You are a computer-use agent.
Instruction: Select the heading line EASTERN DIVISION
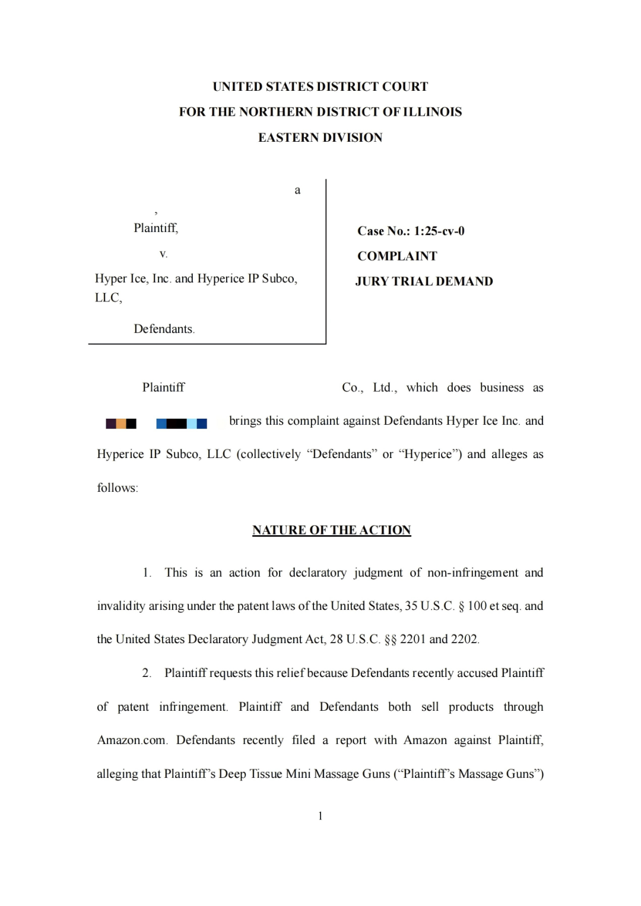click(x=320, y=138)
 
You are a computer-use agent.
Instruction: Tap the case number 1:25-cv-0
click(x=439, y=231)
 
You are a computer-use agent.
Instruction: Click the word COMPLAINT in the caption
click(x=397, y=256)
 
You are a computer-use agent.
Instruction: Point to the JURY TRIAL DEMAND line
click(x=424, y=281)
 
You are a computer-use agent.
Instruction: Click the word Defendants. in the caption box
click(x=164, y=329)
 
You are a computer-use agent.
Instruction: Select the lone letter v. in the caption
click(x=163, y=254)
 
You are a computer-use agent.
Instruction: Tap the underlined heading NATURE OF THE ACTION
click(x=331, y=530)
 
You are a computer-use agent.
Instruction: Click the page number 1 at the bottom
click(x=320, y=816)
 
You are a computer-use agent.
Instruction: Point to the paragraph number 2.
click(x=146, y=673)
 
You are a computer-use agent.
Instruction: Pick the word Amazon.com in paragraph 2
click(x=132, y=740)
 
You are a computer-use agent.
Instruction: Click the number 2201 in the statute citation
click(x=412, y=639)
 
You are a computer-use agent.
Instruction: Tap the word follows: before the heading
click(x=118, y=488)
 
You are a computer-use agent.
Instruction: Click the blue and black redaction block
click(x=181, y=423)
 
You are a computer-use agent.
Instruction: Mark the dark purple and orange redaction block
click(x=121, y=423)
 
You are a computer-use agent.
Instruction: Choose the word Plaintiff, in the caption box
click(x=156, y=228)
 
